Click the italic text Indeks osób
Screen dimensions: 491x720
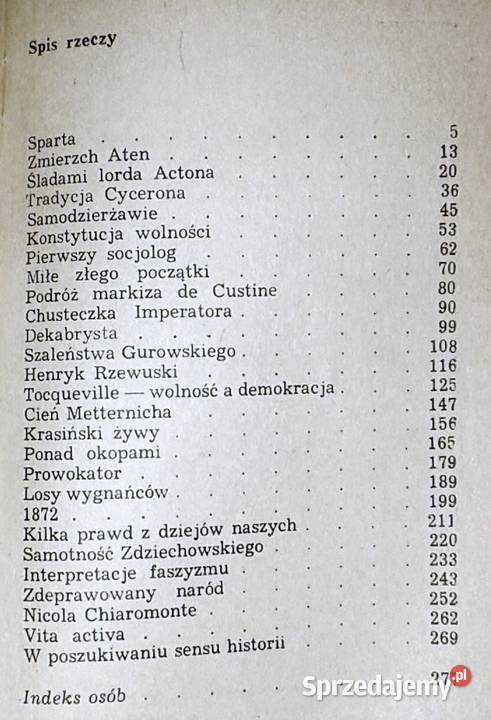click(x=76, y=698)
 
